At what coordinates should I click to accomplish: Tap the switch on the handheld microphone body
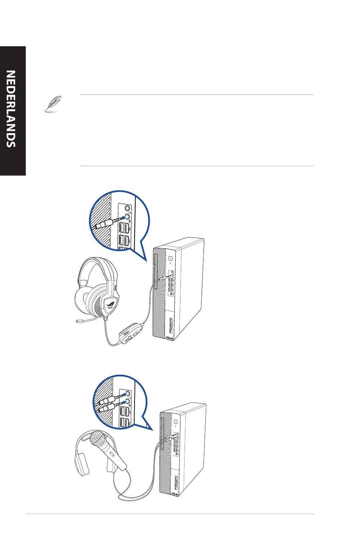[111, 454]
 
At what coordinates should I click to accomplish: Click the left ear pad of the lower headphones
[82, 465]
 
